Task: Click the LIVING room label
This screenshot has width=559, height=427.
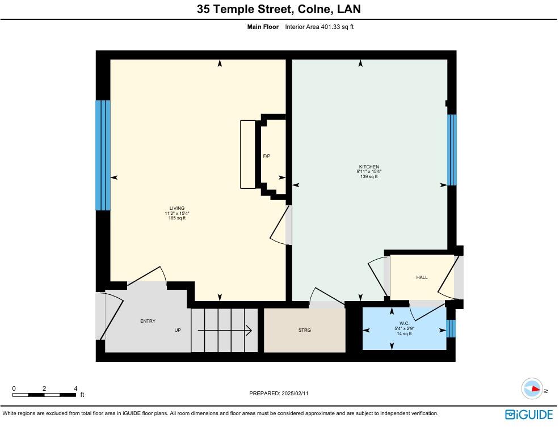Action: [x=176, y=208]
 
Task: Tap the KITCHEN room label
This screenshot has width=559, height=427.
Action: [x=369, y=167]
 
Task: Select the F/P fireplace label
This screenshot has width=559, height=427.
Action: [x=266, y=156]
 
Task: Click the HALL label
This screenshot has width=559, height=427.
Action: [x=422, y=277]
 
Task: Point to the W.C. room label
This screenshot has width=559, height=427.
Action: [x=404, y=323]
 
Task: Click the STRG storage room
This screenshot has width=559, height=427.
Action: [x=304, y=330]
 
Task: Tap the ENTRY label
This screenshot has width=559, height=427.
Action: [x=148, y=322]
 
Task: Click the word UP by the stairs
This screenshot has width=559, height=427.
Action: [x=178, y=330]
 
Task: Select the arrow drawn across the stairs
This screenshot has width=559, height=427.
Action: [x=225, y=330]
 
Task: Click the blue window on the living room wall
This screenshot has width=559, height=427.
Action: [x=102, y=155]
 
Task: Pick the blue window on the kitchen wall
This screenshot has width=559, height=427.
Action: [x=452, y=150]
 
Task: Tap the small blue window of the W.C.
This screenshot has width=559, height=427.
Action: [x=451, y=329]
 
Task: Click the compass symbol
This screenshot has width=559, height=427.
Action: [x=532, y=390]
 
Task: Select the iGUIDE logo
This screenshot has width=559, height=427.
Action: [x=528, y=415]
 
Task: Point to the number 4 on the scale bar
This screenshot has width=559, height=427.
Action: [x=75, y=388]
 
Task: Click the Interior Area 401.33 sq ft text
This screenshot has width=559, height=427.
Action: [x=319, y=27]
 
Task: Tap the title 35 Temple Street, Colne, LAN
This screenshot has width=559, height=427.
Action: [x=279, y=9]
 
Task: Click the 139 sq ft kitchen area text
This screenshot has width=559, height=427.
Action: [x=369, y=177]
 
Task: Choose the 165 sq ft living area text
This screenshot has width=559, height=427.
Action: [x=176, y=218]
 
